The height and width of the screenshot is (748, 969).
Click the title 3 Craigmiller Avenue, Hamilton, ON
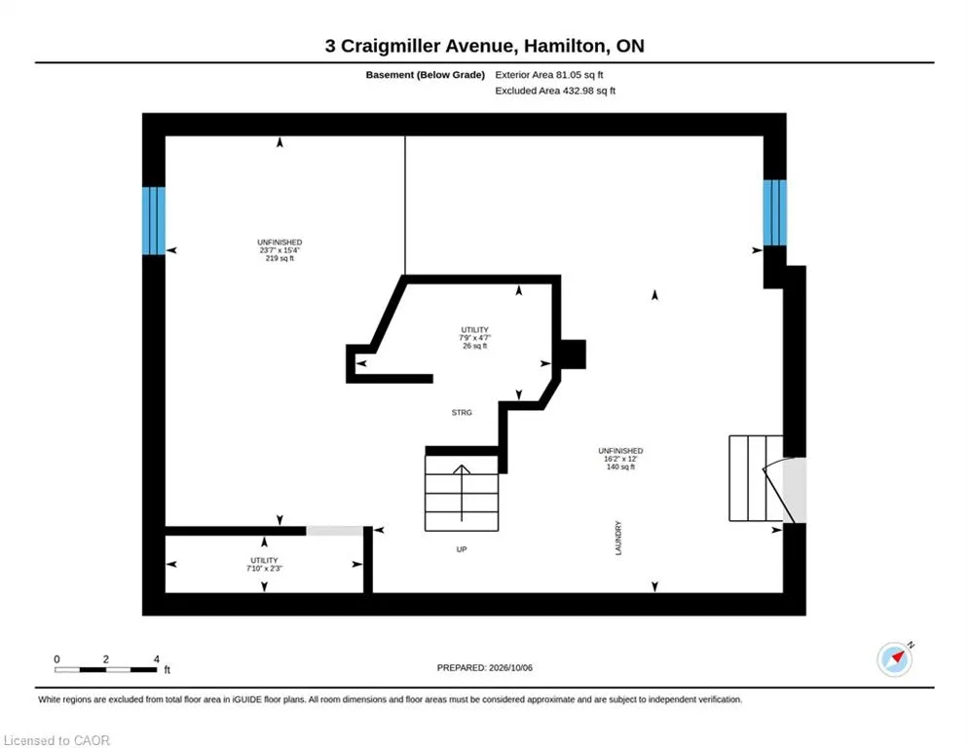[x=485, y=46]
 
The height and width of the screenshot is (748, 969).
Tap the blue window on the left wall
[x=154, y=221]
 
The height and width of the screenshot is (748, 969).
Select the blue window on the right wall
[x=775, y=212]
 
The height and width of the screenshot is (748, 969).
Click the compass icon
[x=895, y=659]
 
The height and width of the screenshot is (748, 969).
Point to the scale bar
[x=106, y=669]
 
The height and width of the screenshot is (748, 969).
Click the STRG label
[x=462, y=412]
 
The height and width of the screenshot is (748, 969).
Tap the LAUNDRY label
[x=618, y=538]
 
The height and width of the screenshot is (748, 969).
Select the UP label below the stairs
[x=462, y=549]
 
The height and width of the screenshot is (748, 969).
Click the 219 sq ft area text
[x=280, y=258]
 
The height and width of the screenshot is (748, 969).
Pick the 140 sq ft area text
[x=620, y=467]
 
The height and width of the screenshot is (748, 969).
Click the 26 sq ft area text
[x=474, y=346]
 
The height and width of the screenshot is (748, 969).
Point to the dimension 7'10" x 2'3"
[x=265, y=568]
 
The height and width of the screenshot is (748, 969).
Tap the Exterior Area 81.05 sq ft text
[x=548, y=75]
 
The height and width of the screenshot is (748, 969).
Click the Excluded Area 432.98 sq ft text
[x=555, y=91]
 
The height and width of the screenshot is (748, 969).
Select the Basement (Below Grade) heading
[x=426, y=75]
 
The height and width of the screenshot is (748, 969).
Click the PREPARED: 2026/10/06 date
[x=485, y=667]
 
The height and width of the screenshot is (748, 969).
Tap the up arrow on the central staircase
[x=462, y=493]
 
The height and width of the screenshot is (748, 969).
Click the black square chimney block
[x=574, y=355]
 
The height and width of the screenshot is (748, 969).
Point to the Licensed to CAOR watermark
[x=56, y=740]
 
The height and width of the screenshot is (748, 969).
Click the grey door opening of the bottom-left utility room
[x=335, y=531]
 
